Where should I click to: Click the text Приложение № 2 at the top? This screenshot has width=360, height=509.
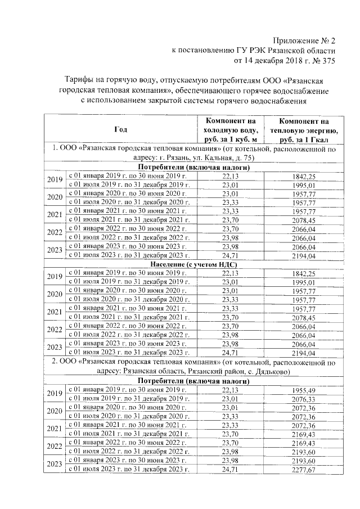(x=303, y=40)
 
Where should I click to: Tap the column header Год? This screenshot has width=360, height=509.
(x=120, y=129)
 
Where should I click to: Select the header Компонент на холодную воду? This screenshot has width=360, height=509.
(x=231, y=129)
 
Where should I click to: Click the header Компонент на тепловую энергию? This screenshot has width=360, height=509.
(x=304, y=129)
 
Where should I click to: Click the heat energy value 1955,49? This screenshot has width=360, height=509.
(x=304, y=390)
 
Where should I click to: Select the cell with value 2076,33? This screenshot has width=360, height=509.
(x=304, y=399)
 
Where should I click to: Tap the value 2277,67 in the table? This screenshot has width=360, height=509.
(x=304, y=470)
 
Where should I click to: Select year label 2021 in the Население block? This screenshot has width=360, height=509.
(x=55, y=312)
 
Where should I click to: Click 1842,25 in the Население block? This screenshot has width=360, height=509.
(x=304, y=273)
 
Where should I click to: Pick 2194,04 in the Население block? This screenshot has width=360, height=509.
(x=304, y=353)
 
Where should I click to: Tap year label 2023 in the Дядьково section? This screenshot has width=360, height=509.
(x=55, y=465)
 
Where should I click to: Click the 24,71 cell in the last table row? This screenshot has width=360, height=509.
(x=231, y=470)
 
